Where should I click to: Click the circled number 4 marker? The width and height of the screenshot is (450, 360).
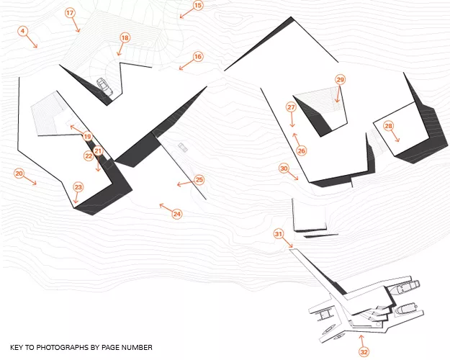tap(22, 31)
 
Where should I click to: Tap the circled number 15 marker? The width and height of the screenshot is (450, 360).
tap(198, 6)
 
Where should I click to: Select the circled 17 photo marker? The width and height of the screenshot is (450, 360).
tap(70, 13)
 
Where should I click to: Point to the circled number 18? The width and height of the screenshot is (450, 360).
tap(125, 37)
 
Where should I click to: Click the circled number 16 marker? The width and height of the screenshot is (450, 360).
tap(198, 57)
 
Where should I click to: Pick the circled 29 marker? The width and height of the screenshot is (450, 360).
tap(340, 79)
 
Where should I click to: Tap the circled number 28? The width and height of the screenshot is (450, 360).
tap(389, 126)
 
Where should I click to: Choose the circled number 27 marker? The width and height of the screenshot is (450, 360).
tap(291, 107)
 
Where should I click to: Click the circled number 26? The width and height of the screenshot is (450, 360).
tap(302, 150)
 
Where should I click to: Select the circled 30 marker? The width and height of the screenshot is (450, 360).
tap(284, 168)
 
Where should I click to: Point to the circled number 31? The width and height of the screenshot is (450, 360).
tap(279, 234)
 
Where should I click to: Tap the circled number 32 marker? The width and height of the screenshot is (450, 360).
tap(364, 352)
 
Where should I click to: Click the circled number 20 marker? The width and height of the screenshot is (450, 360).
tap(19, 174)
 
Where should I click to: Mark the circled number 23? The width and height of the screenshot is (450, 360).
tap(78, 187)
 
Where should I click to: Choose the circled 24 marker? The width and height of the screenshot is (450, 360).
tap(177, 214)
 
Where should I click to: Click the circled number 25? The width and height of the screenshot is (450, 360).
tap(199, 180)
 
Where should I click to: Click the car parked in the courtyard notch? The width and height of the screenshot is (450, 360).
tap(104, 86)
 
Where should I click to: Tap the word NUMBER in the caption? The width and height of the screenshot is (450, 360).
tap(137, 347)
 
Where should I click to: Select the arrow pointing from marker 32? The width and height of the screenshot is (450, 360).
tap(362, 341)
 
